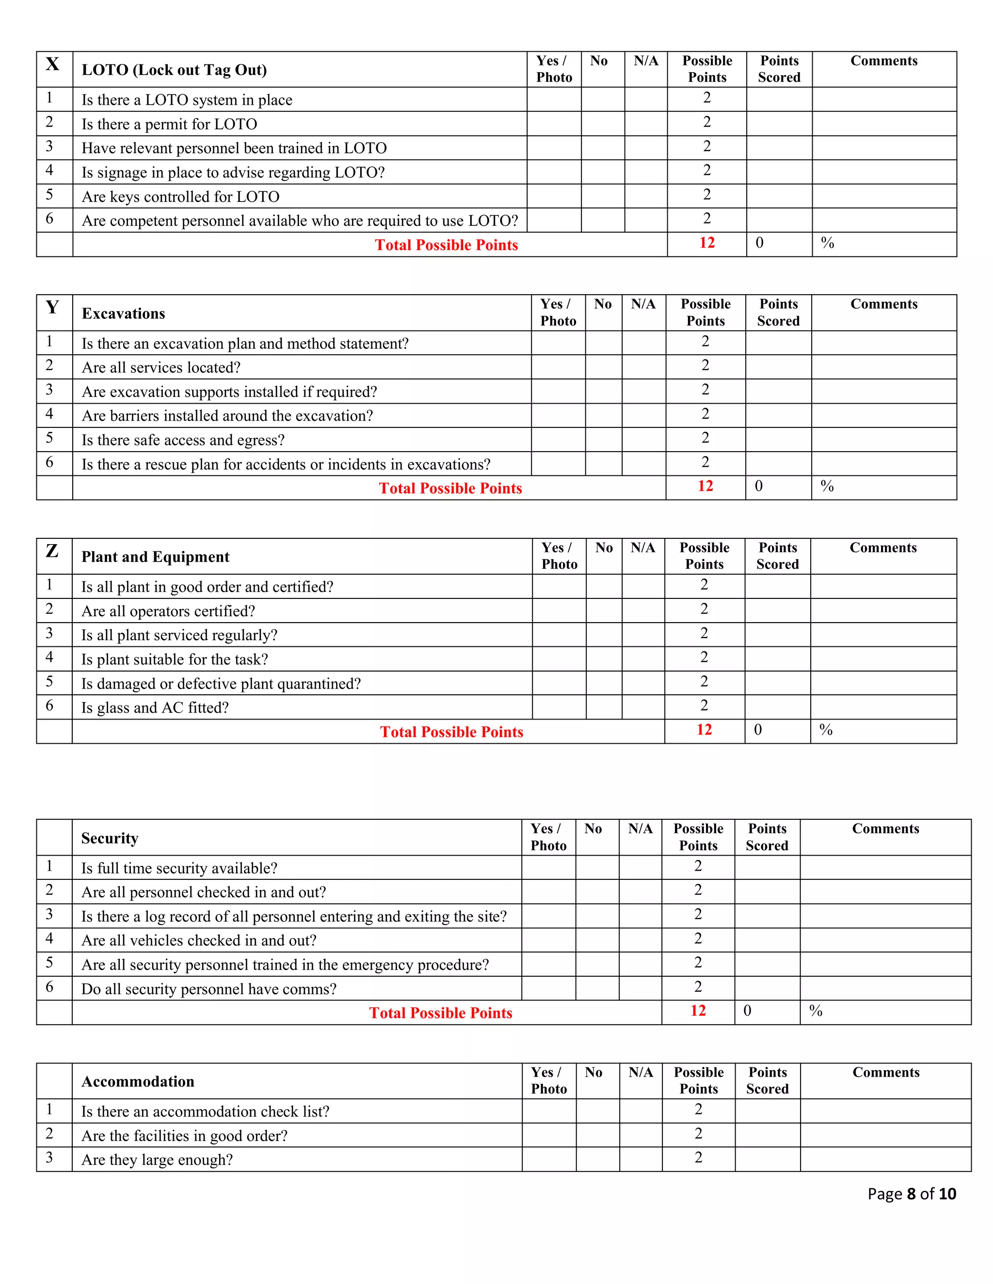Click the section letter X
52,64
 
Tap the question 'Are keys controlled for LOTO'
180,196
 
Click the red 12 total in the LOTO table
706,243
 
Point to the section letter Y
52,308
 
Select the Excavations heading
123,313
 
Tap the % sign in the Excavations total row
827,486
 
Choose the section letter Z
52,551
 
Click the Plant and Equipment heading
155,557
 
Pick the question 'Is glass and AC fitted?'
155,707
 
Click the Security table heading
110,838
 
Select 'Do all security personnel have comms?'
209,989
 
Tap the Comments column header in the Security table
885,829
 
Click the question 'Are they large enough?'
157,1159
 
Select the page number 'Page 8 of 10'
911,1193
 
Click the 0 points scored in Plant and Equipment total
758,730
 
